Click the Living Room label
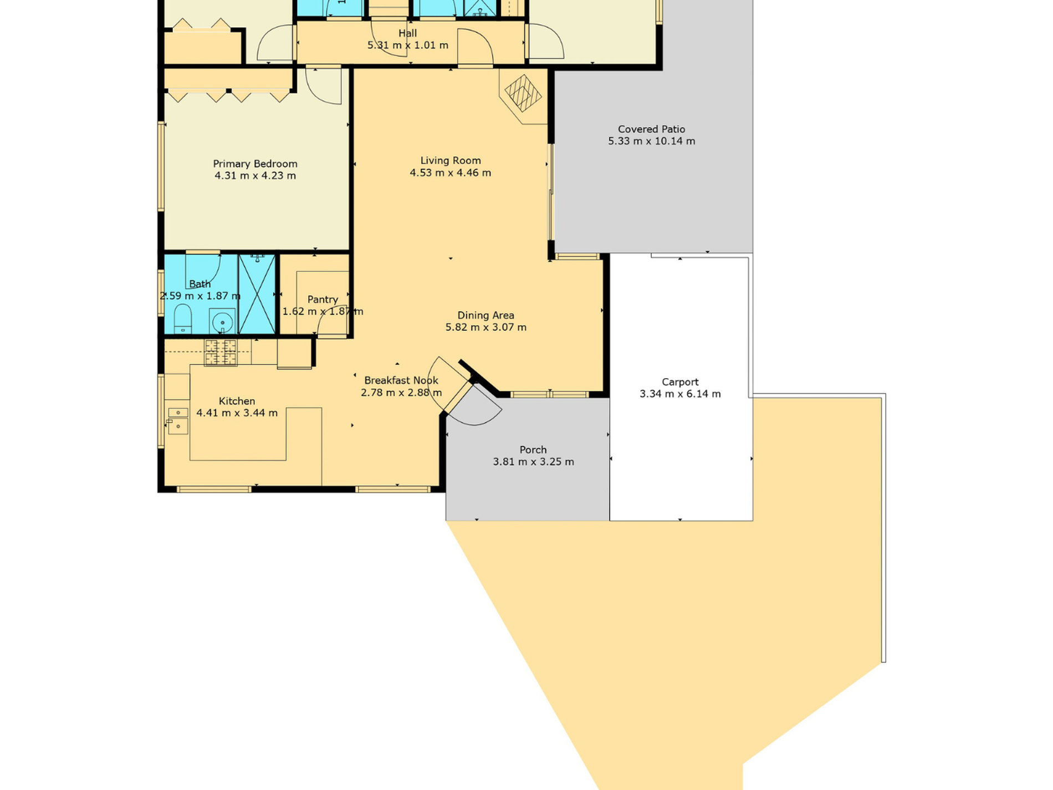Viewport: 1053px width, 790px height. coord(451,161)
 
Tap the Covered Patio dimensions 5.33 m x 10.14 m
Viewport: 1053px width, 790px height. coord(651,141)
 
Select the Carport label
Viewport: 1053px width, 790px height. coord(680,382)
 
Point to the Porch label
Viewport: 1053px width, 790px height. coord(533,450)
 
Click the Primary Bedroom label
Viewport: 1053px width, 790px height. coord(255,164)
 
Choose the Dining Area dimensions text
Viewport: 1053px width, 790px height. coord(486,327)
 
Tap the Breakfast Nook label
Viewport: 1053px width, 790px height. coord(401,380)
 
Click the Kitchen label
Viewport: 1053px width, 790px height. coord(237,401)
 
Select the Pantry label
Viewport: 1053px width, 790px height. coord(323,299)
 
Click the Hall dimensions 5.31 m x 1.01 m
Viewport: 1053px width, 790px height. coord(408,45)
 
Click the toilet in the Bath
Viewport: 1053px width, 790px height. coord(183,320)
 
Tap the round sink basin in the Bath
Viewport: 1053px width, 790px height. coord(222,322)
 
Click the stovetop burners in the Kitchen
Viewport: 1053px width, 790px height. coord(221,353)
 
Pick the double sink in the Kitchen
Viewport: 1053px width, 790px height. coord(178,420)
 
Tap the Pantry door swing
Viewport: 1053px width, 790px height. coord(333,320)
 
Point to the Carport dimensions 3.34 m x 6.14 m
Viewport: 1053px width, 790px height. coord(680,394)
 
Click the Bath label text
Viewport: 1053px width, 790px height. coord(200,284)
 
